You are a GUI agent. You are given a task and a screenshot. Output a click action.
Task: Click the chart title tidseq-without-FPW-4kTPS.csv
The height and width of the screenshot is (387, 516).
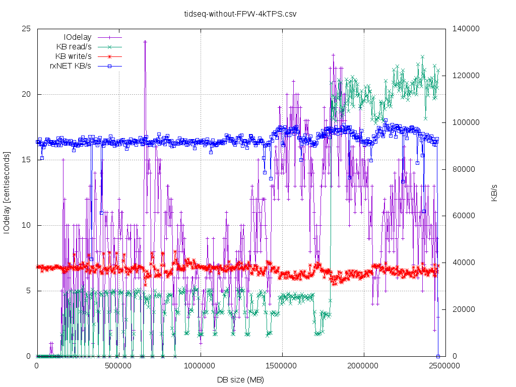point(240,14)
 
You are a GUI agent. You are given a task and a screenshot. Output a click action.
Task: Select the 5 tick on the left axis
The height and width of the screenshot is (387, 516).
point(29,291)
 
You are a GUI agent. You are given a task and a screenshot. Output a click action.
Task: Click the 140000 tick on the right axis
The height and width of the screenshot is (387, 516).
point(466,29)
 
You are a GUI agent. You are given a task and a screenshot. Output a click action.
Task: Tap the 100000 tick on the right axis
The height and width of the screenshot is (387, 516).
point(466,122)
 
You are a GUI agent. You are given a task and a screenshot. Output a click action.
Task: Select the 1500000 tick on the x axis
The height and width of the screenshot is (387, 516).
point(282,365)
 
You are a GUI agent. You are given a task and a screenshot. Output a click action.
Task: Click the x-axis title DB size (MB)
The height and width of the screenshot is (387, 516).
point(240,379)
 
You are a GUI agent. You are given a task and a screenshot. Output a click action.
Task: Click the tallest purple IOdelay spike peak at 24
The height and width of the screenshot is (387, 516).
point(145,42)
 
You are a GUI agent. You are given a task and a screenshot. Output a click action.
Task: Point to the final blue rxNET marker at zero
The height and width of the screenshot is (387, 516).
point(438,356)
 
